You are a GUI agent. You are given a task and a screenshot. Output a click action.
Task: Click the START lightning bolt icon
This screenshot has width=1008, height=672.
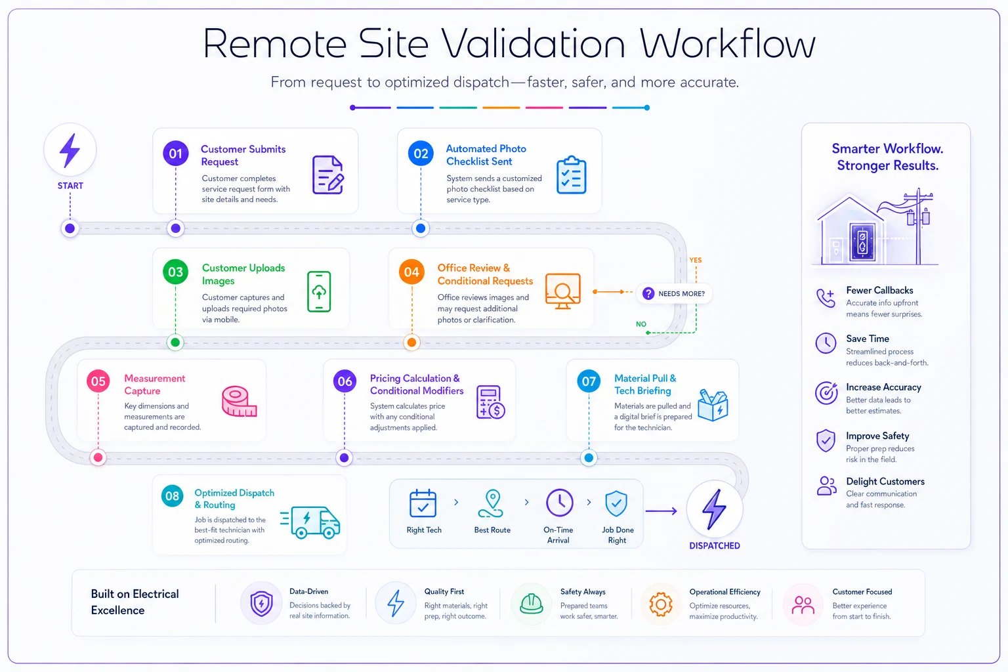pyautogui.click(x=70, y=150)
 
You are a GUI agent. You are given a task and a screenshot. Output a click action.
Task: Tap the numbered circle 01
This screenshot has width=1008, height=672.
pyautogui.click(x=175, y=154)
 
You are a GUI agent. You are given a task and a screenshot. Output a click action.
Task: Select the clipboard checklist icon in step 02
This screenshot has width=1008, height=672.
pyautogui.click(x=571, y=175)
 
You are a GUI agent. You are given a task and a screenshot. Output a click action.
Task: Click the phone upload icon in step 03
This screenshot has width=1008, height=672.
pyautogui.click(x=319, y=291)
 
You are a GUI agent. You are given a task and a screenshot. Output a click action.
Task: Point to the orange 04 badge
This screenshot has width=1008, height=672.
pyautogui.click(x=411, y=272)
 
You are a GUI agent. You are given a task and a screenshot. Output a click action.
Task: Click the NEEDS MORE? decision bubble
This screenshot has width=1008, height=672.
pyautogui.click(x=674, y=293)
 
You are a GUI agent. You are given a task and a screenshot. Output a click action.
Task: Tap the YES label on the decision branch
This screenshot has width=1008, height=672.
pyautogui.click(x=695, y=260)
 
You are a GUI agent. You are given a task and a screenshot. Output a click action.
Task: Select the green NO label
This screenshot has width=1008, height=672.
pyautogui.click(x=640, y=324)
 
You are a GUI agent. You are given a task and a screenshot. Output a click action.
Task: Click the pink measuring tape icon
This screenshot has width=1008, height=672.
pyautogui.click(x=239, y=401)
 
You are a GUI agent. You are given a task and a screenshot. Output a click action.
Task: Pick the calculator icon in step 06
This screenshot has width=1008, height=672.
pyautogui.click(x=490, y=402)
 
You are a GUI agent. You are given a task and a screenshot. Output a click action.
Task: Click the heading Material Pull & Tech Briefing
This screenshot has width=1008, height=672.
pyautogui.click(x=645, y=385)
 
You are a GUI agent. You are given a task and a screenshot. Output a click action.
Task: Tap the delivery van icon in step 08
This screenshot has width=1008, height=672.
pyautogui.click(x=310, y=522)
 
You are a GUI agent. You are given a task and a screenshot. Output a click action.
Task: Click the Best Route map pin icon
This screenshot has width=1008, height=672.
pyautogui.click(x=492, y=503)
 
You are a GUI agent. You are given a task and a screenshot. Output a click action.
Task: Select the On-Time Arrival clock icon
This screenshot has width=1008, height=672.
pyautogui.click(x=559, y=502)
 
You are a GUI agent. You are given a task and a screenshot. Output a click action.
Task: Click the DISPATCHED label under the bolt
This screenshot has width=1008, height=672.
pyautogui.click(x=715, y=545)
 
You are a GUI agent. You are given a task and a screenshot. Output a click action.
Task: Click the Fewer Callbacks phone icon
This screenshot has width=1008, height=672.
pyautogui.click(x=826, y=298)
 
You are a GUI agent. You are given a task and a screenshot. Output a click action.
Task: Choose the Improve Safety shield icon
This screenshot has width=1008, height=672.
pyautogui.click(x=826, y=440)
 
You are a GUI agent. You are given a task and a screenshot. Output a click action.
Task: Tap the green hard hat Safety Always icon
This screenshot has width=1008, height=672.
pyautogui.click(x=531, y=604)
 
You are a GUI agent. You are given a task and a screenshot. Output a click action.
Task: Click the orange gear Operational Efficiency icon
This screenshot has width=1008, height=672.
pyautogui.click(x=661, y=604)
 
